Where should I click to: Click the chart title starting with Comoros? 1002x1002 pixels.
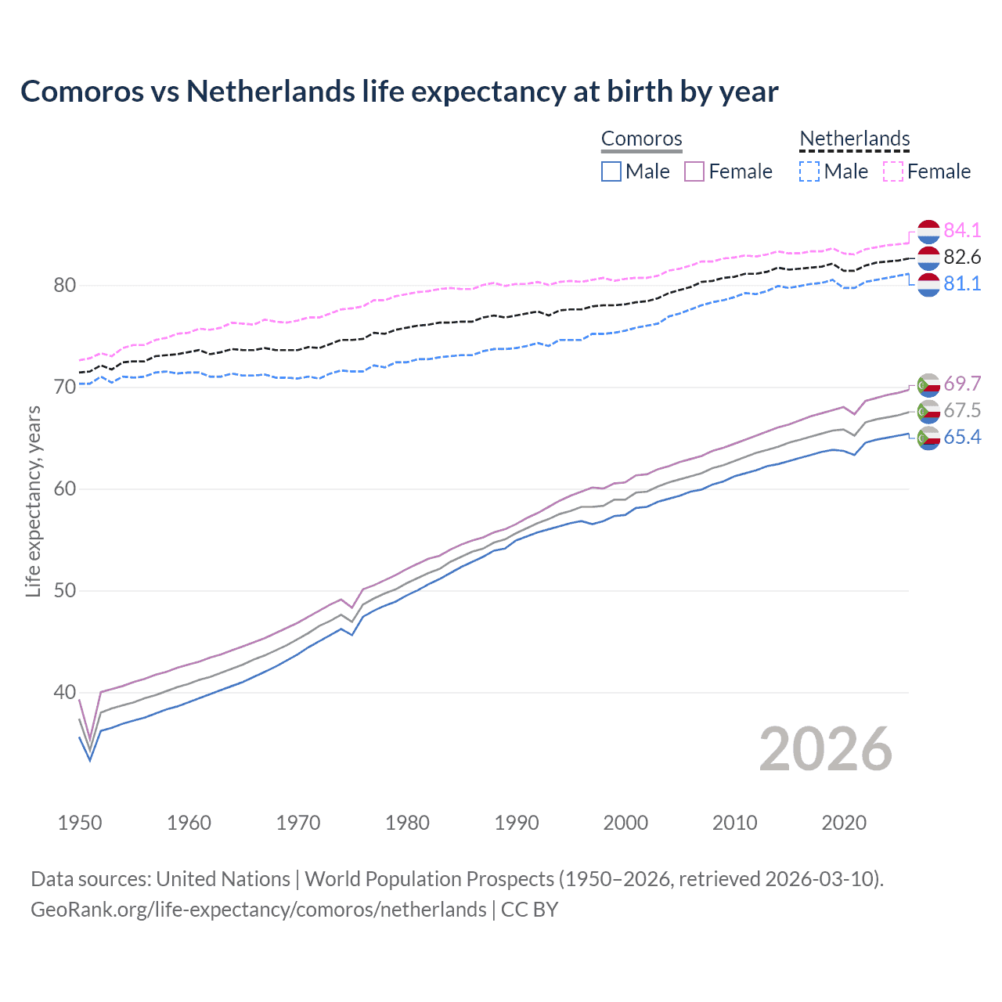(x=399, y=92)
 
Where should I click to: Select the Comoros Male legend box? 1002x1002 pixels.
(x=611, y=171)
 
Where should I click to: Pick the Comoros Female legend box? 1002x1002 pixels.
(x=694, y=171)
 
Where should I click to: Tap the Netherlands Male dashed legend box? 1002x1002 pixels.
(x=809, y=171)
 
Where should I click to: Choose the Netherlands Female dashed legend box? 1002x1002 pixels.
(x=893, y=171)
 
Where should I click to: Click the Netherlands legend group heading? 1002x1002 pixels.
(x=854, y=139)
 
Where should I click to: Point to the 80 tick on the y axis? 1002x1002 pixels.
(x=65, y=285)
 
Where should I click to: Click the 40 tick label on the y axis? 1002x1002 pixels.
(x=65, y=693)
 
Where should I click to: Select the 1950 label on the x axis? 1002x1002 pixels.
(x=80, y=823)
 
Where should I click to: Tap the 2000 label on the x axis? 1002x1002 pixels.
(x=625, y=823)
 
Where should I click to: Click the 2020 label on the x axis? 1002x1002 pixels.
(x=844, y=823)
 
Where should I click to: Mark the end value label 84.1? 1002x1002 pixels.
(x=962, y=230)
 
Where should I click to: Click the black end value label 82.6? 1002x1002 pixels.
(x=962, y=257)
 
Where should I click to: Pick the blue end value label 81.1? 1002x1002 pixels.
(x=962, y=283)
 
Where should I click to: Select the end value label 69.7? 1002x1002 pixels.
(x=962, y=384)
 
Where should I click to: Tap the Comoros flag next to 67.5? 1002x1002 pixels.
(x=928, y=411)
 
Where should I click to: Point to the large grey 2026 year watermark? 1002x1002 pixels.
(x=826, y=749)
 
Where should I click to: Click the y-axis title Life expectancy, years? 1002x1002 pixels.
(x=33, y=502)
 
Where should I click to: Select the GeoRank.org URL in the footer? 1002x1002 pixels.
(x=258, y=910)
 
